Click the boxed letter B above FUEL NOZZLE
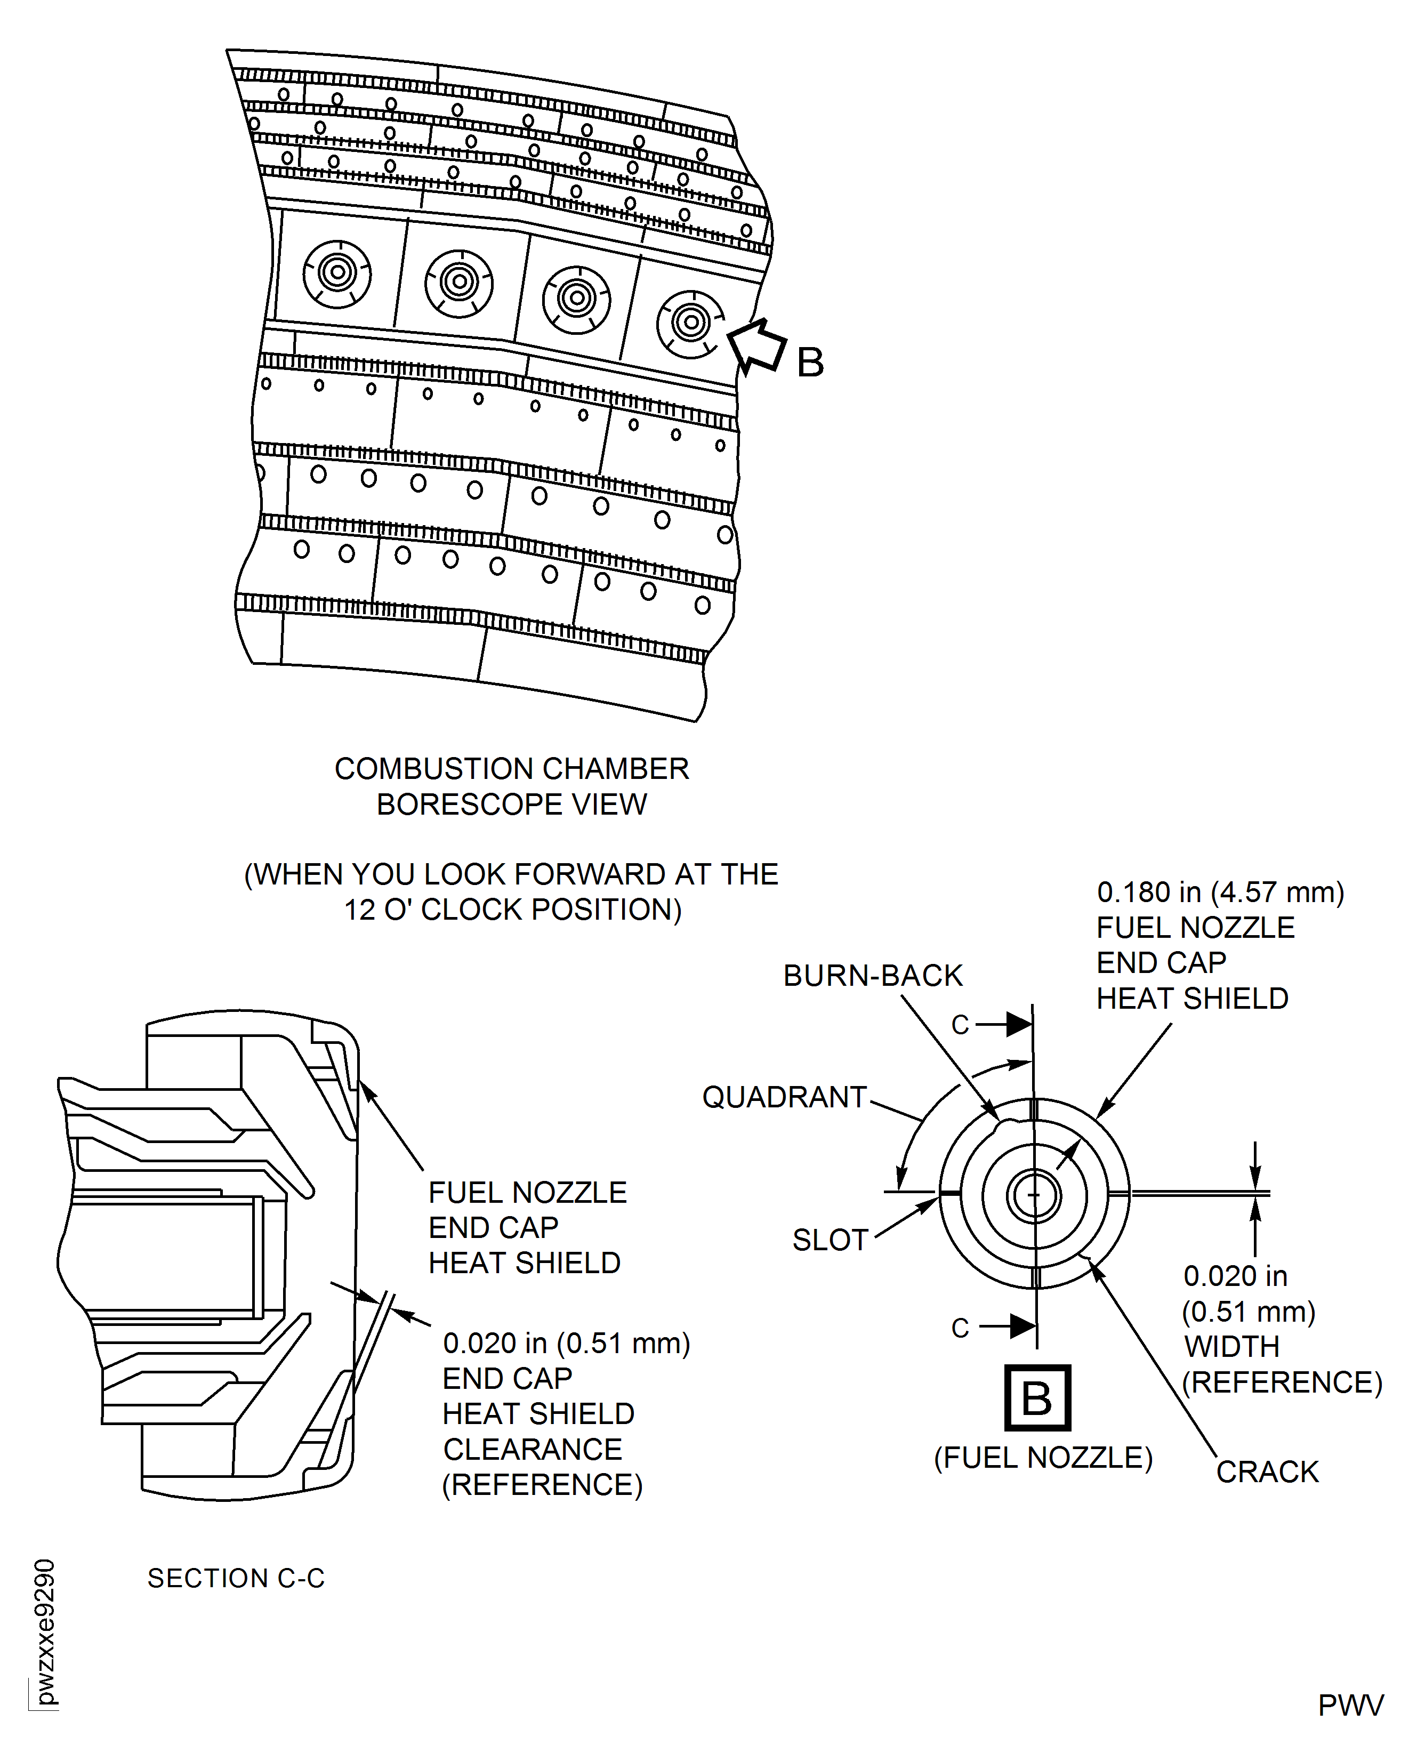[x=1037, y=1397]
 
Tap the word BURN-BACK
[x=873, y=976]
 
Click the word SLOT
[x=830, y=1240]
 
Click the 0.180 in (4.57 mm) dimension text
[x=1220, y=892]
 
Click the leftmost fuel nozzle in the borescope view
[x=337, y=273]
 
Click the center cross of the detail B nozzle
[x=1033, y=1195]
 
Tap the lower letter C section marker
[x=960, y=1328]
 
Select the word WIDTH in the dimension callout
[x=1231, y=1347]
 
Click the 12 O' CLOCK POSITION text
[x=512, y=910]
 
